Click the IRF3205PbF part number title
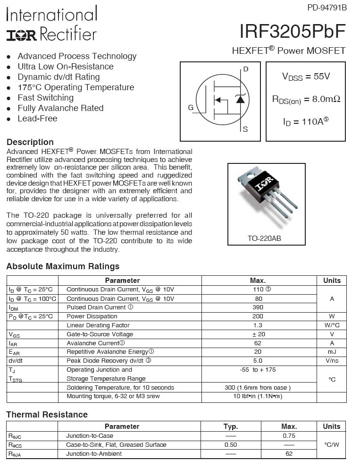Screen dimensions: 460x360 coord(293,31)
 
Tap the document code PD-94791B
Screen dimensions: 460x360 coord(327,7)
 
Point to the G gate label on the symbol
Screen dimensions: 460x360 coord(191,108)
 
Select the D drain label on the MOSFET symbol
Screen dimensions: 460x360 coord(246,69)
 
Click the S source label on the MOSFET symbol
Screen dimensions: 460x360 coord(245,129)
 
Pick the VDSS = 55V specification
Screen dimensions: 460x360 coord(306,77)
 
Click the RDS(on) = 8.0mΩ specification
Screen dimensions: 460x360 coord(306,99)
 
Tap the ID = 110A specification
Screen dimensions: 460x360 coord(305,122)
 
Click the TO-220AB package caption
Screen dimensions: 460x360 coord(264,239)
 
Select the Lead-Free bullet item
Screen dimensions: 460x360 coord(37,119)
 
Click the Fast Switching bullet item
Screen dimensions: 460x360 coord(45,98)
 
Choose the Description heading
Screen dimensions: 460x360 coord(30,142)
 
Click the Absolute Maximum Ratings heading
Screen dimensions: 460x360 coord(63,266)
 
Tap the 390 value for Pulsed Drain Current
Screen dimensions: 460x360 coord(259,307)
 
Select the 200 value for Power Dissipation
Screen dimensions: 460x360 coord(259,316)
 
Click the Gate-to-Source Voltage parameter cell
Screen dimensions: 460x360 coord(100,334)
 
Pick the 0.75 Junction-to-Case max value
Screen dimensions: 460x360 coord(289,436)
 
